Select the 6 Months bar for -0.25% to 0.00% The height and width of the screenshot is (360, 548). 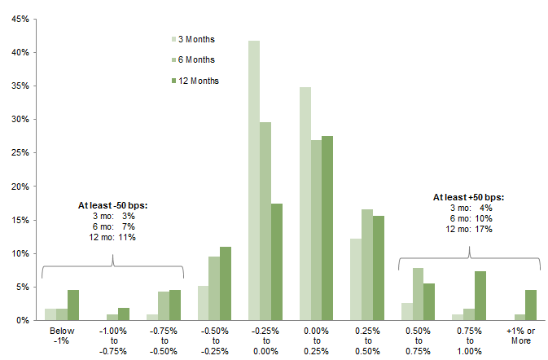(x=265, y=221)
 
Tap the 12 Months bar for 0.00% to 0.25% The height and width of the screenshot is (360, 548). (x=327, y=228)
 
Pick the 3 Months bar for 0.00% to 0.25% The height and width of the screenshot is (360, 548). (x=305, y=204)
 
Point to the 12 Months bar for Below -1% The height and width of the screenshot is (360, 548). (x=73, y=305)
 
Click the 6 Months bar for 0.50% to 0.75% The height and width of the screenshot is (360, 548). (x=419, y=294)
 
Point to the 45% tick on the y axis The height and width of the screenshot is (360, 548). (x=20, y=19)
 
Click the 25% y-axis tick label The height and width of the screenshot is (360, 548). (x=20, y=153)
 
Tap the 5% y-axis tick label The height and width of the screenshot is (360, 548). (x=22, y=287)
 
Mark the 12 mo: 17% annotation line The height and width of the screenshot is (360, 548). (x=469, y=229)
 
